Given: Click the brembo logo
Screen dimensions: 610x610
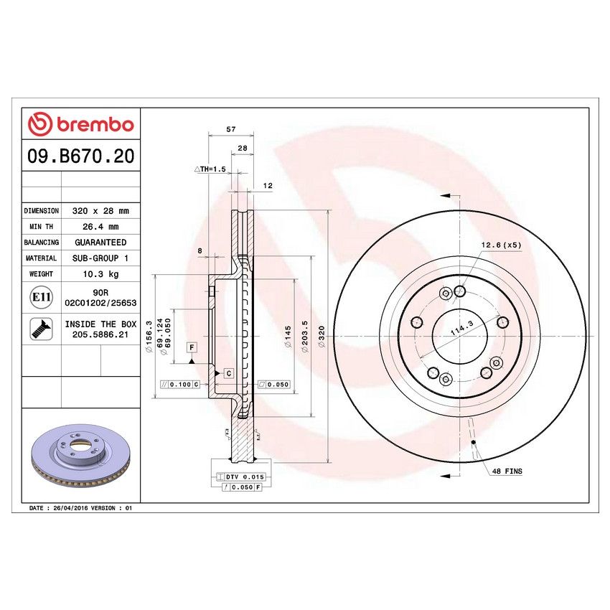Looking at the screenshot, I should (x=80, y=124).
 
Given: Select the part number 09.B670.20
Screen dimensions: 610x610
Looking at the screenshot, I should (x=80, y=156).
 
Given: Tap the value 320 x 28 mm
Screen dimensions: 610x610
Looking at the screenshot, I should (x=100, y=211).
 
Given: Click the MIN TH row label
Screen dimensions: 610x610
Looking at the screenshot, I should (x=42, y=227).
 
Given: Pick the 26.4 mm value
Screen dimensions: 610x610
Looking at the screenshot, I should (x=100, y=227).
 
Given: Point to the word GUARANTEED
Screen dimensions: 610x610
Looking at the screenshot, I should (x=100, y=243).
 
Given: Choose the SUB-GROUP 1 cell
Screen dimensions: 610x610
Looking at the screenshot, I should (x=100, y=258).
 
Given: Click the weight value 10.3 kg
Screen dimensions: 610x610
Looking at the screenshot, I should (x=100, y=273).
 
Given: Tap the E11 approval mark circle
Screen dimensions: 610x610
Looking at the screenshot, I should (x=41, y=298).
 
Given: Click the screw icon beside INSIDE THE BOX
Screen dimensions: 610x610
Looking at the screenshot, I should (x=41, y=329).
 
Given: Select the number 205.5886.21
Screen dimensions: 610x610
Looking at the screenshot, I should (x=100, y=334).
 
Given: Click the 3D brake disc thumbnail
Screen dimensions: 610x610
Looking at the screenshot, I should (x=80, y=459).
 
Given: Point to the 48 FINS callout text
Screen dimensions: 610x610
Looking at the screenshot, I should (x=507, y=471).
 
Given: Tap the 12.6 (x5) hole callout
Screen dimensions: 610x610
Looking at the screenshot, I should (x=500, y=245).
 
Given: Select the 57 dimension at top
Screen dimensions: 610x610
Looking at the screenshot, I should (x=231, y=130).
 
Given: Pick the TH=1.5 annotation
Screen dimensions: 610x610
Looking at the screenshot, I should (x=210, y=169).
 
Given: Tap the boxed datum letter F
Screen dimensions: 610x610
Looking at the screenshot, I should (x=192, y=348).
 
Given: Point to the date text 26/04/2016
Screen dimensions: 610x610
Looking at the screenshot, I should (x=70, y=507).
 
